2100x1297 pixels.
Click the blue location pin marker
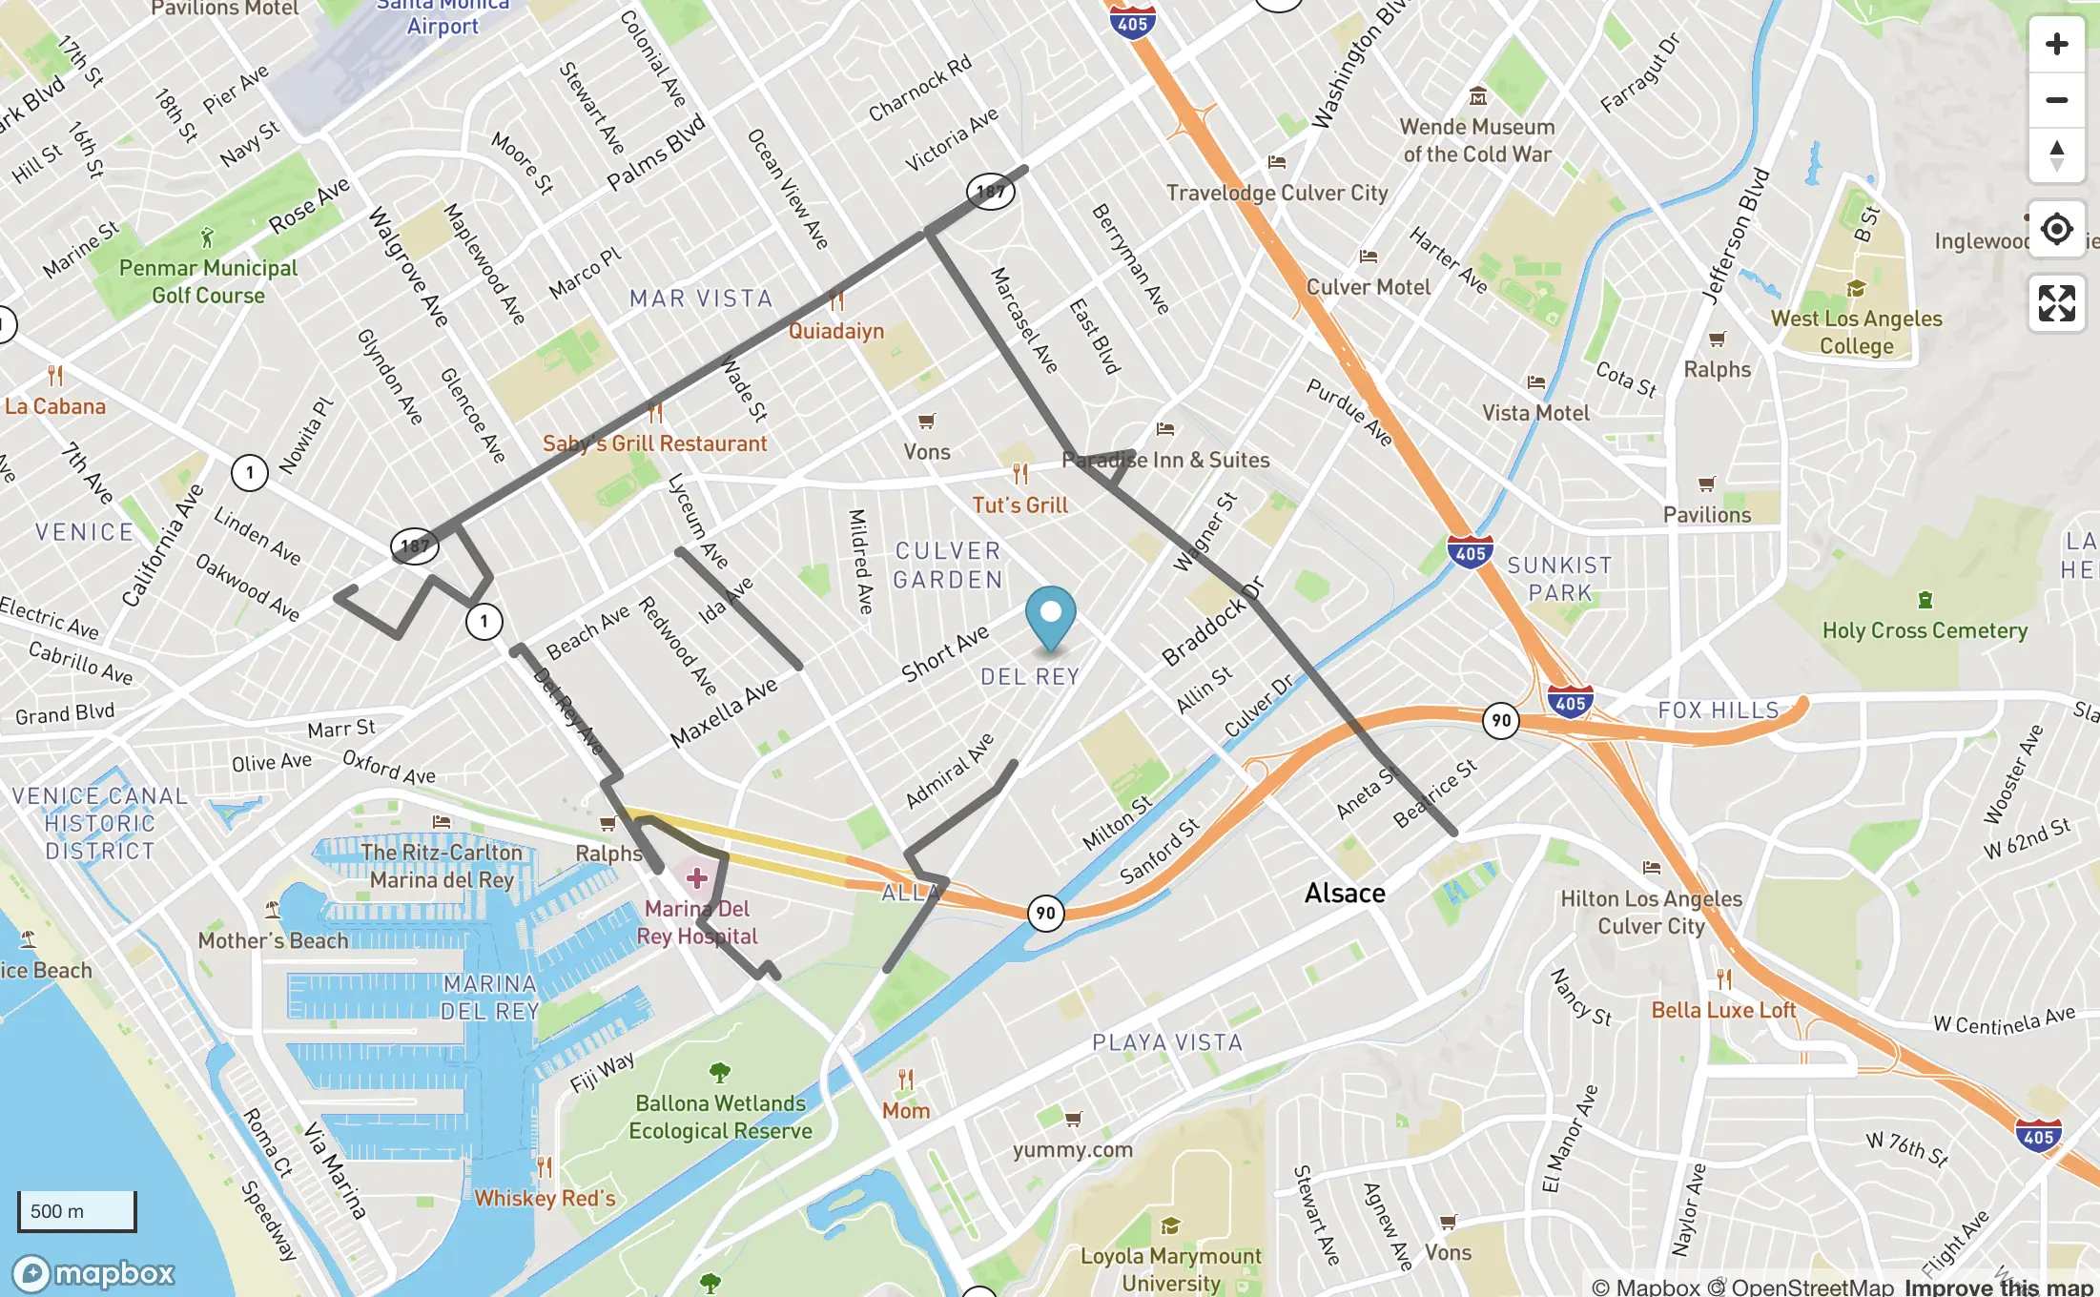point(1050,612)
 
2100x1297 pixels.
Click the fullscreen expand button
point(2056,303)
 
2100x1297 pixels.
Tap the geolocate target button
point(2056,229)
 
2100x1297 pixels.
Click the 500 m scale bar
point(77,1210)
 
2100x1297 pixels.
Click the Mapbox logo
point(93,1273)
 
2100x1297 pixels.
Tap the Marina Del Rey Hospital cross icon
point(697,877)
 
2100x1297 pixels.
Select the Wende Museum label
point(1476,140)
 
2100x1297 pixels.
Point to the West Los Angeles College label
point(1856,332)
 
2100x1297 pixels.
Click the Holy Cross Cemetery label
point(1925,630)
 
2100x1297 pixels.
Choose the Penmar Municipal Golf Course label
point(208,281)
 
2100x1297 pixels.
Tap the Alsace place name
point(1345,894)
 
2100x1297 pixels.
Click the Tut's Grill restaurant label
point(1019,505)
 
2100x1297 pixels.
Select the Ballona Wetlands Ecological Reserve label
point(720,1117)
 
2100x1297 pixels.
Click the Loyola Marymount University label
point(1170,1269)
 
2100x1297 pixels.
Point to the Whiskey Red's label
point(545,1198)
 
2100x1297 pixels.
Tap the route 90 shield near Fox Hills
point(1501,720)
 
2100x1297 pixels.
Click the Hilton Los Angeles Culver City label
point(1651,912)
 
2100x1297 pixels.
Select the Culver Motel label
point(1368,287)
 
